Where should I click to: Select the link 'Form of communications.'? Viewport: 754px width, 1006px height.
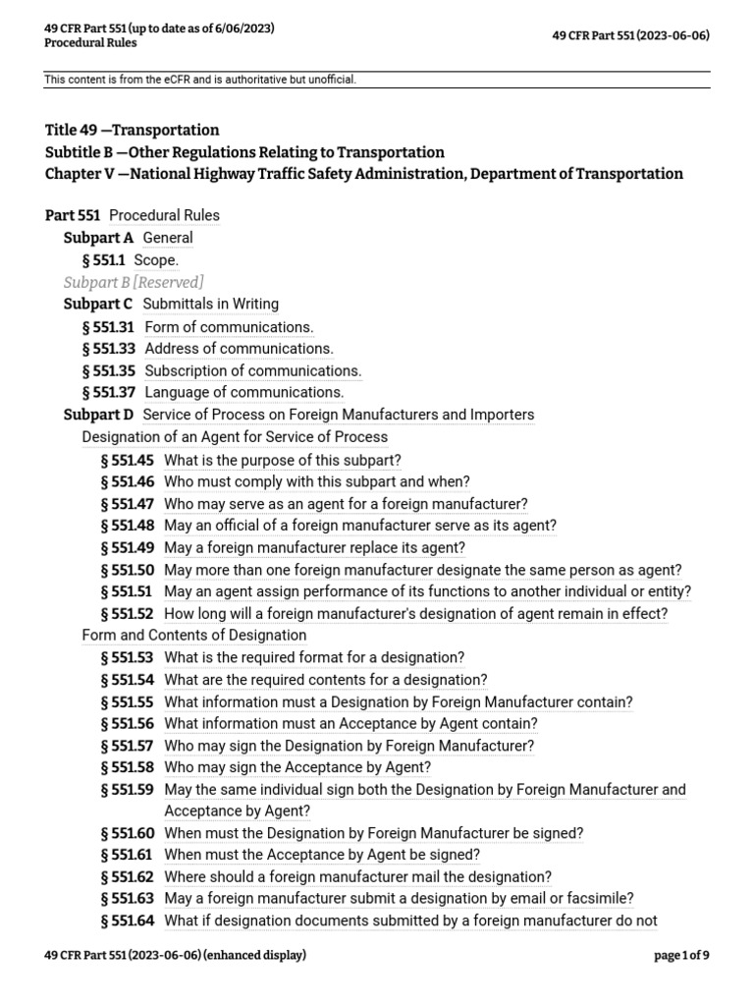229,327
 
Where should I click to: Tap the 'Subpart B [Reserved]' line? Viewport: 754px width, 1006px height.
134,283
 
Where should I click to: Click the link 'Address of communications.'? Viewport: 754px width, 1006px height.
239,349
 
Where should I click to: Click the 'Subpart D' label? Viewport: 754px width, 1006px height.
99,415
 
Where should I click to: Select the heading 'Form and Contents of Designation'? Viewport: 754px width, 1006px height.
181,636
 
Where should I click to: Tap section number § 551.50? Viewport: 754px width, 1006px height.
128,570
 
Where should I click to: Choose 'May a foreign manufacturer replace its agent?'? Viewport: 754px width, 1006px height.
314,547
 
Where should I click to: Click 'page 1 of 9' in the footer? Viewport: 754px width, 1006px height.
681,955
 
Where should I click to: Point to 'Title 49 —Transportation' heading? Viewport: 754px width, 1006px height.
133,131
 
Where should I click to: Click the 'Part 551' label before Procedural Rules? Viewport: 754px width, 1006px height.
73,215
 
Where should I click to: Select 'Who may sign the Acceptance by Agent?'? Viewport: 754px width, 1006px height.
297,767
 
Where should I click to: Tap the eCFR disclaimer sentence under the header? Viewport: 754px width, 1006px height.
200,79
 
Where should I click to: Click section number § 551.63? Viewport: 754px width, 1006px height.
128,898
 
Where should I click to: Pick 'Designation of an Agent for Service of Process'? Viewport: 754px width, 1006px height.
235,437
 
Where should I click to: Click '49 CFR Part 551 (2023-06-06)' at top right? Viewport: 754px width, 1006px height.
631,35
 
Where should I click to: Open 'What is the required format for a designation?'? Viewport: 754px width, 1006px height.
314,657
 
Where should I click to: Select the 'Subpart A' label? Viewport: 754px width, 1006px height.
99,238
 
